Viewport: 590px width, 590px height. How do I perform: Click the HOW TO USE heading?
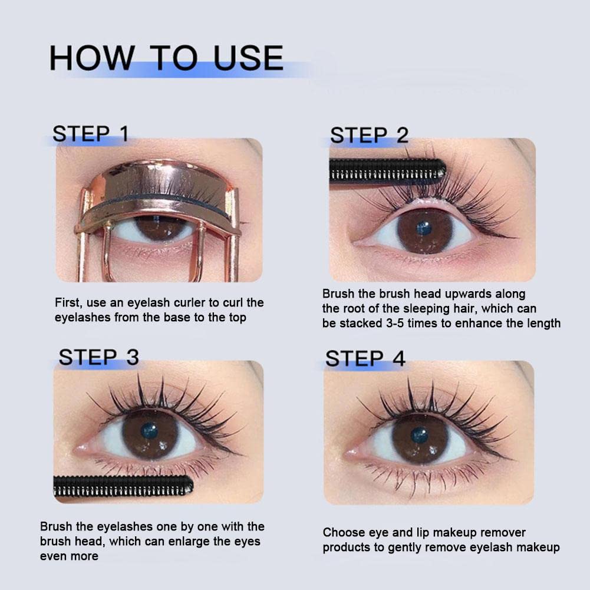coord(166,58)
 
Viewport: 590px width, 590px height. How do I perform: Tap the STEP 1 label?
coord(90,134)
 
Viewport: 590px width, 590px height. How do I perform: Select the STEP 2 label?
coord(369,135)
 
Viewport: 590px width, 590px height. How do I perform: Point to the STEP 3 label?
coord(98,357)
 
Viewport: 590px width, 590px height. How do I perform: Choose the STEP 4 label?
coord(365,358)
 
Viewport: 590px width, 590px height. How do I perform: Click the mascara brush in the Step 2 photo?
coord(387,170)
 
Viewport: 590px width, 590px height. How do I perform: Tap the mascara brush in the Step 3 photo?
coord(123,485)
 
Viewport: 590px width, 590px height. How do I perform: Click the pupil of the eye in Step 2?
coord(424,229)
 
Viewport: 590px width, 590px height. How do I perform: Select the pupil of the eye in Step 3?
coord(149,431)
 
